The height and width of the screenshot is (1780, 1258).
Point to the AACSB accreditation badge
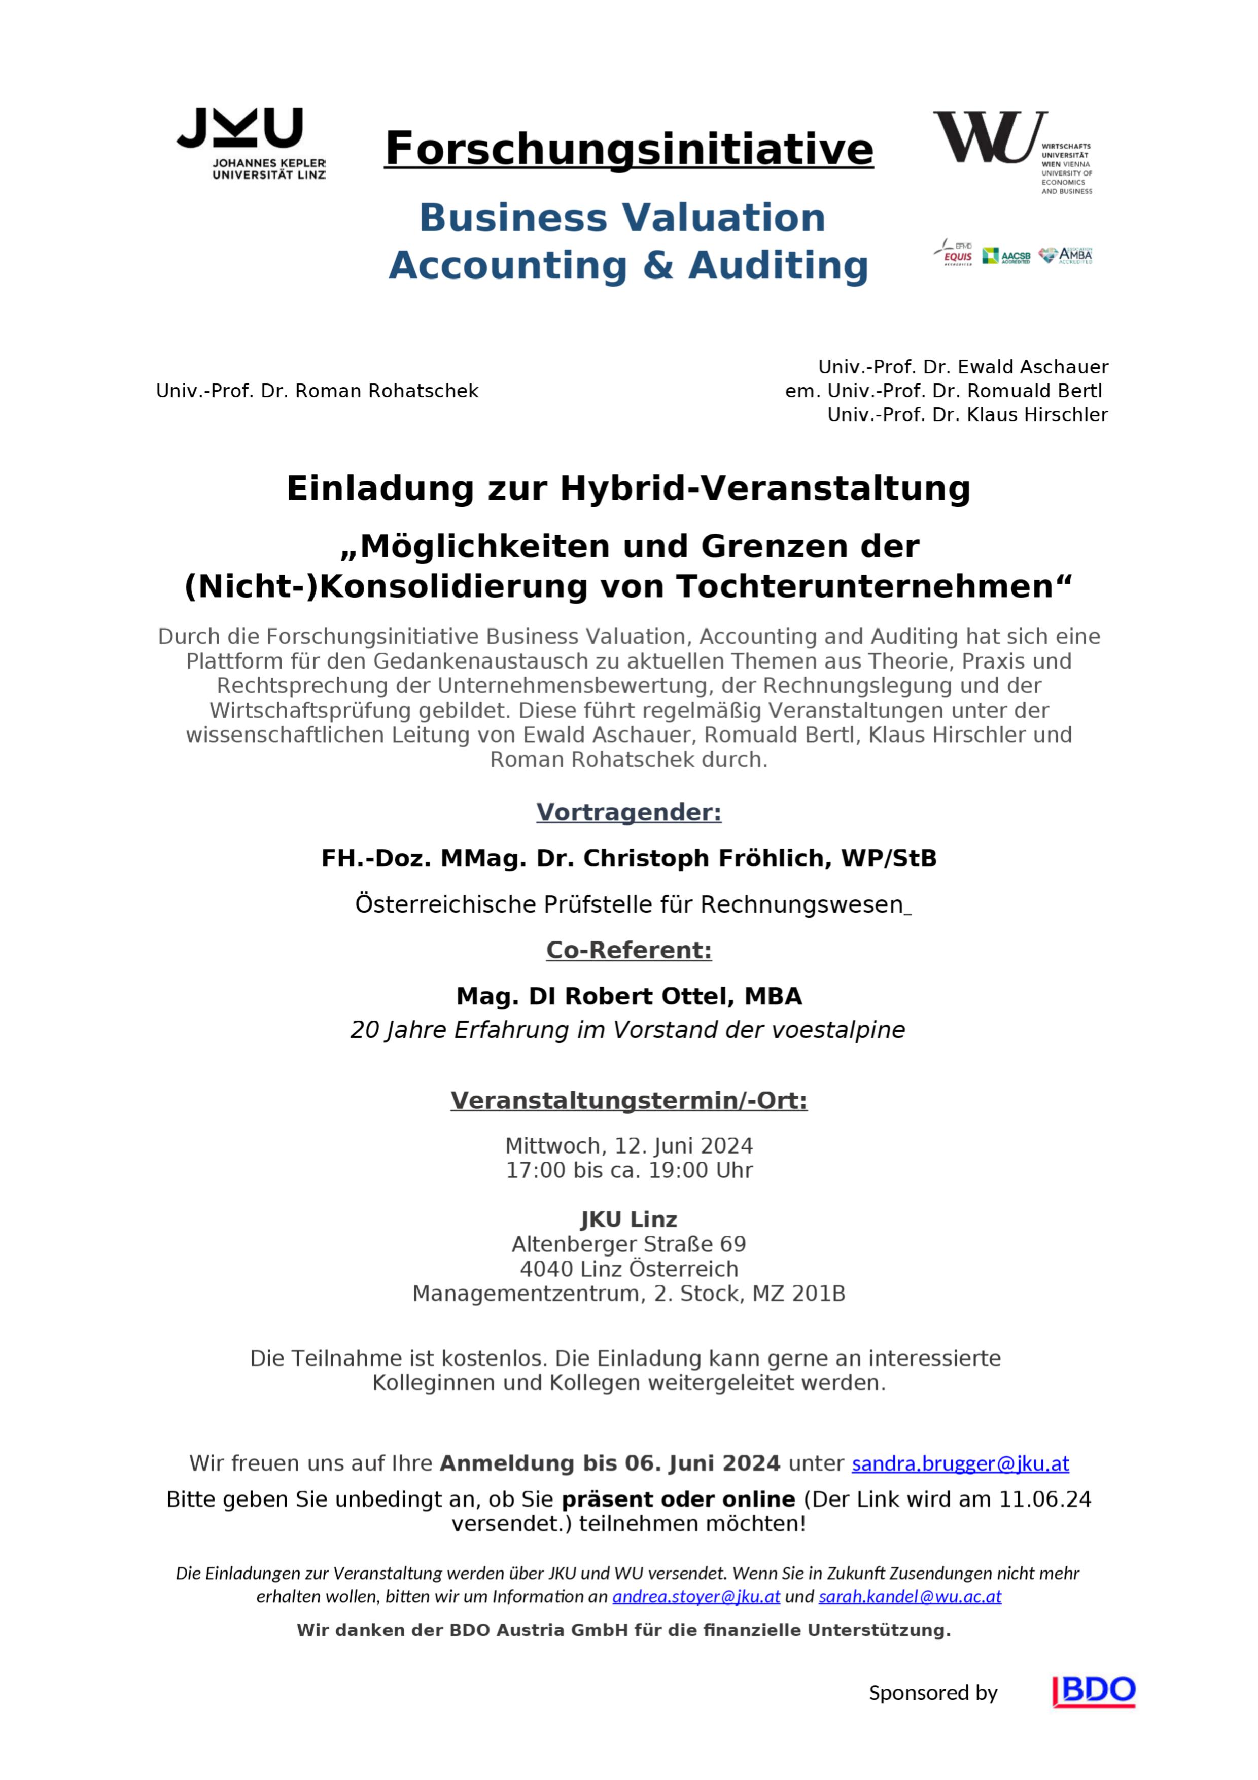1006,256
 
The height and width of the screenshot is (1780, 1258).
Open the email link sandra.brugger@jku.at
960,1463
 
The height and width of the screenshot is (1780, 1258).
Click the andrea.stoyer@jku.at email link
695,1596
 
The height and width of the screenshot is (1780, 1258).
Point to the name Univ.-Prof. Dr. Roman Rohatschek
317,391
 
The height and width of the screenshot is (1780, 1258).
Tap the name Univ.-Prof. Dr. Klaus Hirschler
967,415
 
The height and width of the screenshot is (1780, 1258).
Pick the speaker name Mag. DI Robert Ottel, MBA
628,996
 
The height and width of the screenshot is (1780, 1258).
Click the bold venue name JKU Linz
628,1219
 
